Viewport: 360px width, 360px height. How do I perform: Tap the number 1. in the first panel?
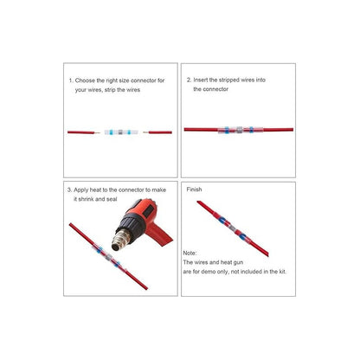71,80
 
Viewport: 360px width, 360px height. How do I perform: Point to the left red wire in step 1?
83,132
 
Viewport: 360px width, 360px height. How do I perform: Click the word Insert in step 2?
204,80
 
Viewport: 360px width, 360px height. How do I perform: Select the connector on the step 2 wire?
238,131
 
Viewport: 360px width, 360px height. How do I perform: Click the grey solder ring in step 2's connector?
238,131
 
